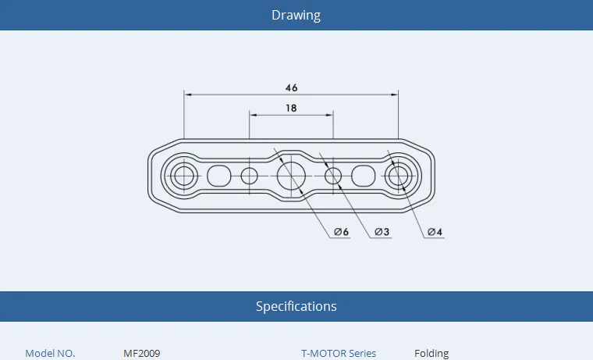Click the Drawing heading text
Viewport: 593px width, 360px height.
296,15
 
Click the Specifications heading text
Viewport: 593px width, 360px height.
296,306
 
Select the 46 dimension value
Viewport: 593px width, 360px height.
291,87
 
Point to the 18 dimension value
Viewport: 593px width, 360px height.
291,109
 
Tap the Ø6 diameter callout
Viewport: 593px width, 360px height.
341,232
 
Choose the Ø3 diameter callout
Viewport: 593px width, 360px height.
382,232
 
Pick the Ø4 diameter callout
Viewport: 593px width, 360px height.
435,232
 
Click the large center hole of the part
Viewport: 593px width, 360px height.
291,176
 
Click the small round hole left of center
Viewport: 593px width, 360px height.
249,176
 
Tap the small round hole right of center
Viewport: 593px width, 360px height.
333,176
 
